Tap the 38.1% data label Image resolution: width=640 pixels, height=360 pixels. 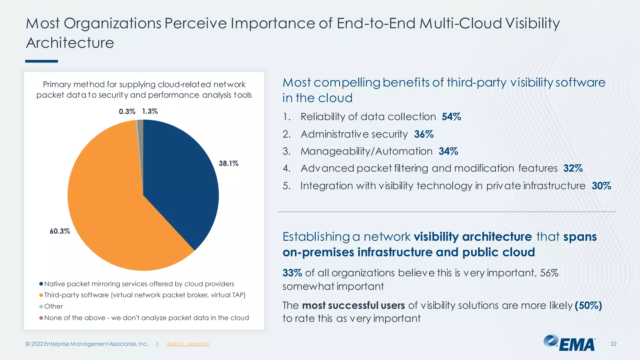[228, 163]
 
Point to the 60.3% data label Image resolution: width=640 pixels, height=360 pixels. [60, 231]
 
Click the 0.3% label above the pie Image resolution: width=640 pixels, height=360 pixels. [127, 112]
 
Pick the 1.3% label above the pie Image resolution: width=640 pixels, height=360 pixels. [150, 111]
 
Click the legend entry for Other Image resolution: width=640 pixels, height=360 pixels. [53, 306]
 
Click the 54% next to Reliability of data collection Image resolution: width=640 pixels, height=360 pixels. [451, 117]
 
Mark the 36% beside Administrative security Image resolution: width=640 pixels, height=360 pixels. [424, 134]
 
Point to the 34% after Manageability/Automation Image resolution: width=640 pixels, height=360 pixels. [448, 152]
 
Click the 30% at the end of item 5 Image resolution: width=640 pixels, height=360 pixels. [601, 186]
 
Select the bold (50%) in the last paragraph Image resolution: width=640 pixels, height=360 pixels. [588, 305]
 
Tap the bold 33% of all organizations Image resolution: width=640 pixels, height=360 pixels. [292, 273]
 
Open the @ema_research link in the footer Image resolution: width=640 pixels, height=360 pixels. [188, 344]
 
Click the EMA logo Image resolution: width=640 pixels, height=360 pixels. [569, 343]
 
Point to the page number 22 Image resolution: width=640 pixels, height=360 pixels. [613, 344]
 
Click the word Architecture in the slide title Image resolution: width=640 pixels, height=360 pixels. [70, 43]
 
